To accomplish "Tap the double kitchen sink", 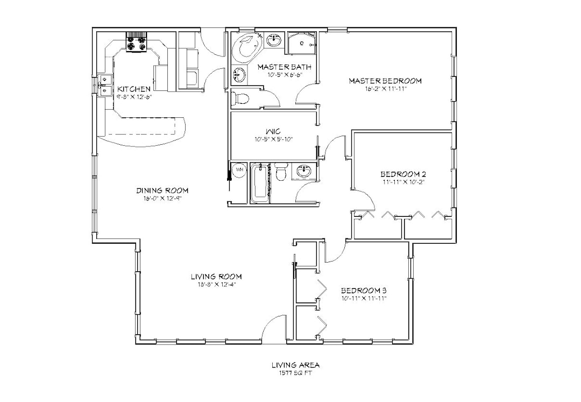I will pyautogui.click(x=104, y=86).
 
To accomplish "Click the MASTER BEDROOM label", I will pyautogui.click(x=385, y=81).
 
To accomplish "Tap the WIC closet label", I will pyautogui.click(x=271, y=131).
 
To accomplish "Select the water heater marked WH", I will pyautogui.click(x=240, y=170).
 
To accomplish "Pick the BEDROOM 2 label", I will pyautogui.click(x=403, y=174).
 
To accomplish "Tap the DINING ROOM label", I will pyautogui.click(x=162, y=191).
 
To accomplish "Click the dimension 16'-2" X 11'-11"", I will pyautogui.click(x=385, y=89).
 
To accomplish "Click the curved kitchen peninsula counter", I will pyautogui.click(x=145, y=132).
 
